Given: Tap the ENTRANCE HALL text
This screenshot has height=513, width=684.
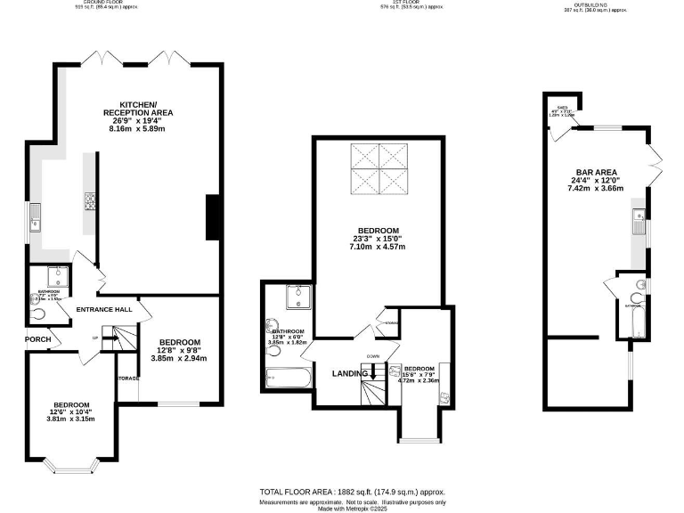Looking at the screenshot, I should pyautogui.click(x=104, y=310).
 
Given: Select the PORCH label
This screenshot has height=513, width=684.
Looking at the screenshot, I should pyautogui.click(x=36, y=338).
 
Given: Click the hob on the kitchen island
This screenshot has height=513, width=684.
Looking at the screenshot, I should pyautogui.click(x=89, y=201).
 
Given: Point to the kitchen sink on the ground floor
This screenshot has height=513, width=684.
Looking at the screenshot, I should pyautogui.click(x=35, y=216).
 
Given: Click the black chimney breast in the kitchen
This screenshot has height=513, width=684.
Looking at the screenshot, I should pyautogui.click(x=212, y=217).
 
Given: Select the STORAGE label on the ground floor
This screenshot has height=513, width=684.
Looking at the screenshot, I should pyautogui.click(x=127, y=379).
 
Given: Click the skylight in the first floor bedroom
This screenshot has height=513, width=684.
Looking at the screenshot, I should pyautogui.click(x=379, y=168).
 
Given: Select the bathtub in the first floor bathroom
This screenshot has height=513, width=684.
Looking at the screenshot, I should pyautogui.click(x=287, y=378).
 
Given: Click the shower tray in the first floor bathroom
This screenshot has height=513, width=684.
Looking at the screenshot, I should pyautogui.click(x=297, y=297).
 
